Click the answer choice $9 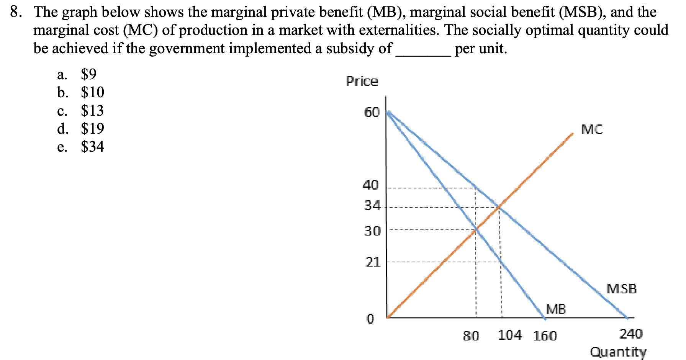(x=88, y=74)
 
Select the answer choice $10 (x=92, y=92)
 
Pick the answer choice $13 (x=92, y=111)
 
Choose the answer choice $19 (x=92, y=128)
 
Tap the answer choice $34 (x=92, y=147)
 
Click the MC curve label (x=592, y=130)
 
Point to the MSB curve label (x=621, y=288)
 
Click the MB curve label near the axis (x=556, y=309)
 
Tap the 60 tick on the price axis (x=372, y=113)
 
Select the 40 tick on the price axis (x=371, y=185)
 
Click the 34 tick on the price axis (x=372, y=206)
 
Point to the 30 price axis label (x=372, y=231)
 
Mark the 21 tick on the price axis (x=373, y=262)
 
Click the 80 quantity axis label (x=471, y=336)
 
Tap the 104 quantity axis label (x=510, y=335)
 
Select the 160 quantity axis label (x=545, y=336)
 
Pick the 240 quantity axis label (x=631, y=334)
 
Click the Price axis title (x=362, y=81)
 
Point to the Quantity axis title (x=618, y=352)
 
